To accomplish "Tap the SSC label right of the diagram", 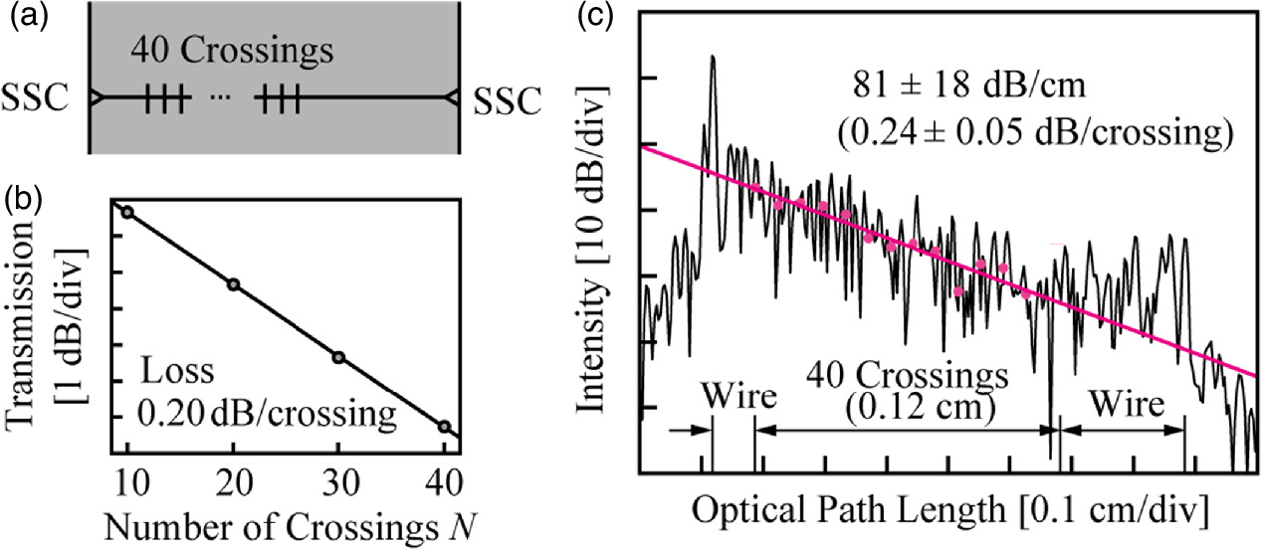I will pos(509,99).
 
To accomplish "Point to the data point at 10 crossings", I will pos(127,212).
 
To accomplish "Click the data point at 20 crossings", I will pos(234,284).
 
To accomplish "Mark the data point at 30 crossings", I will pos(338,357).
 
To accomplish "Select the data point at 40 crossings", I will pos(444,427).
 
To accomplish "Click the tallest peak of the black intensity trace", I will pos(713,58).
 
